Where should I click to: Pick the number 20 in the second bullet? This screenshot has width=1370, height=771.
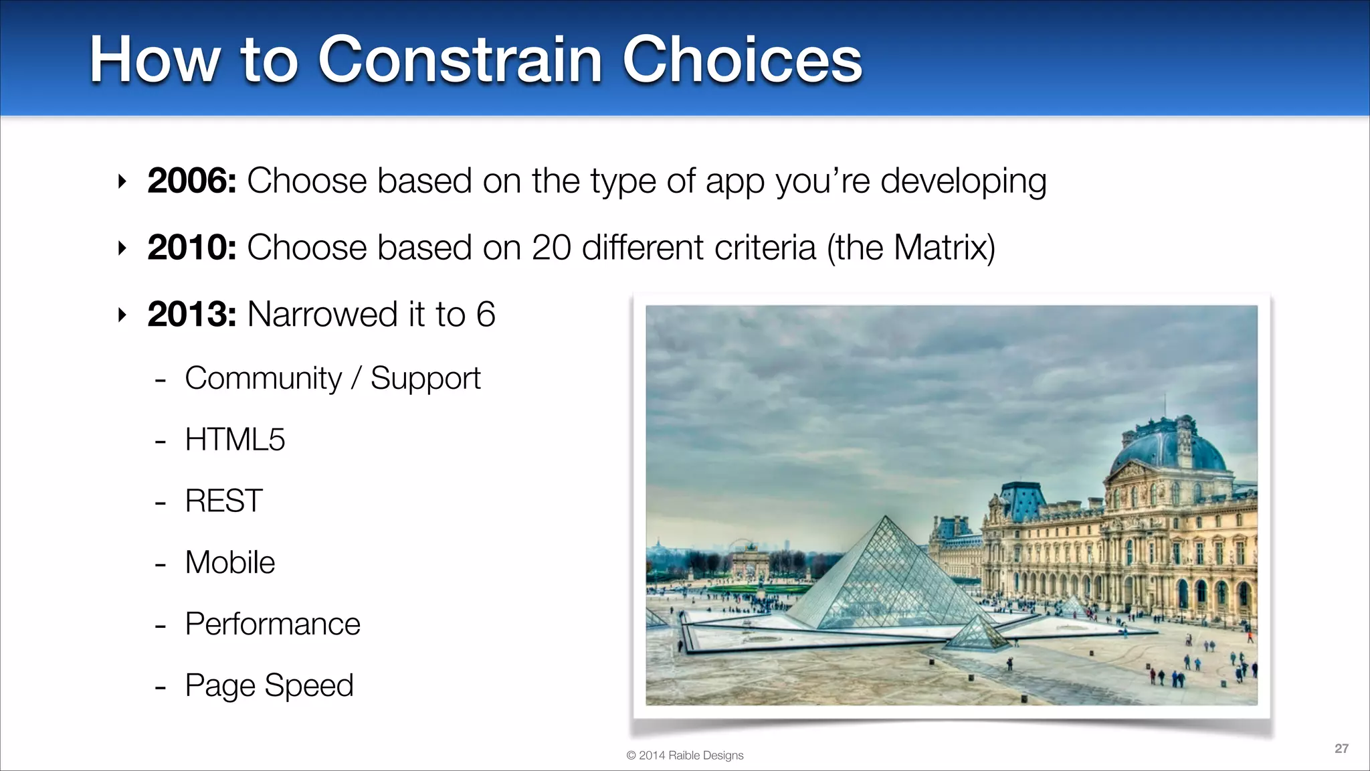click(x=551, y=248)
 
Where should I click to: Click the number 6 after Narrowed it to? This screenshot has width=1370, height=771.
click(x=486, y=315)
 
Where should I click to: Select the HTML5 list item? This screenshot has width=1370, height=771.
click(x=235, y=440)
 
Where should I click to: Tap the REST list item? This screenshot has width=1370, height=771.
click(x=223, y=501)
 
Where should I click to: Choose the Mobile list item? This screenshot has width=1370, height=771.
click(x=229, y=563)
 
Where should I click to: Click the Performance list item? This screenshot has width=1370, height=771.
click(x=272, y=624)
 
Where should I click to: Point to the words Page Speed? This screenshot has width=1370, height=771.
click(x=269, y=685)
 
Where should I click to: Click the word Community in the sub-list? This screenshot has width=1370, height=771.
click(x=263, y=378)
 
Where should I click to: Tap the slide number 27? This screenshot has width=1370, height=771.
click(x=1341, y=748)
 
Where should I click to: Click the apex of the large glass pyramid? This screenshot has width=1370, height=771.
click(x=886, y=517)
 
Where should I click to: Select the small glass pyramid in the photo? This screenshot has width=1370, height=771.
click(x=976, y=633)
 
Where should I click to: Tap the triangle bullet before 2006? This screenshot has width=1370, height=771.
click(x=122, y=181)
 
